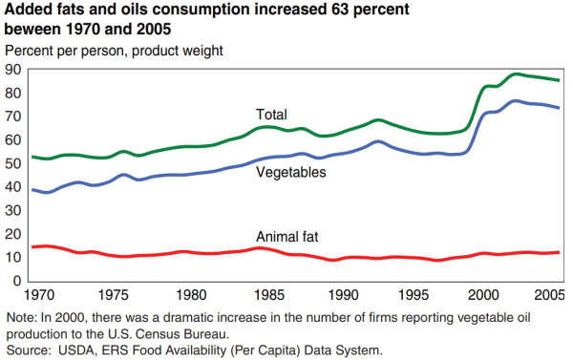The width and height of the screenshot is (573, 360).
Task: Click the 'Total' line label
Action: (x=271, y=115)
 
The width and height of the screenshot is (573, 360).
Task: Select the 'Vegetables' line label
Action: (x=291, y=172)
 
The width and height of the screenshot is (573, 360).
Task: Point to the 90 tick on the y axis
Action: (x=14, y=70)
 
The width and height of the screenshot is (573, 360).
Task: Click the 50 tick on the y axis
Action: (x=14, y=163)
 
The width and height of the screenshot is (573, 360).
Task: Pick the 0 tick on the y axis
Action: (x=18, y=281)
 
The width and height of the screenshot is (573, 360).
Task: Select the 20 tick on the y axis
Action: (x=14, y=234)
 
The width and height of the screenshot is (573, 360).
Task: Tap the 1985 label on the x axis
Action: (x=272, y=295)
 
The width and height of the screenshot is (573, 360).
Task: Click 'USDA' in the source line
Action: (x=83, y=349)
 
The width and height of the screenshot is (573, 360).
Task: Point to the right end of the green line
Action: (x=559, y=80)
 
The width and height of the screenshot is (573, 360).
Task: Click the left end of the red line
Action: (x=32, y=247)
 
